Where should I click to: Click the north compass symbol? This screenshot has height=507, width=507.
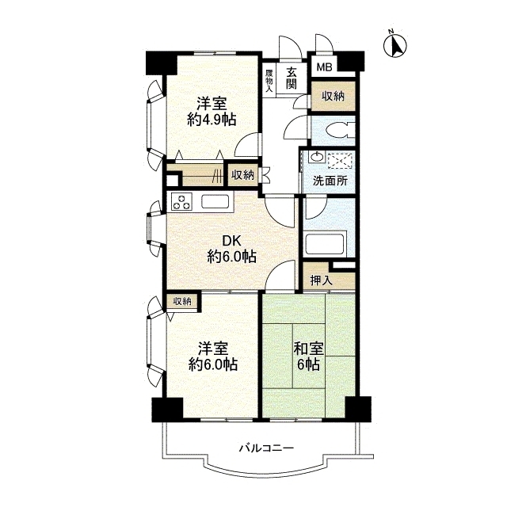(395, 45)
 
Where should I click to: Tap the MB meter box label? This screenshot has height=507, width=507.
(324, 67)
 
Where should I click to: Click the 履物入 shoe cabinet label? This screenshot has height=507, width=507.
(269, 81)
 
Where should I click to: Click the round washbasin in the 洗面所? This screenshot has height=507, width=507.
(316, 158)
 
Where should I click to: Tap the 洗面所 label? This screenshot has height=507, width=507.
(330, 181)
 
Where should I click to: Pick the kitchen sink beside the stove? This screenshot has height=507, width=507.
(215, 202)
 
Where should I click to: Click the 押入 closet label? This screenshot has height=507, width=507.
(321, 280)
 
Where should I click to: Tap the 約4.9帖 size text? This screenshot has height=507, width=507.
(212, 120)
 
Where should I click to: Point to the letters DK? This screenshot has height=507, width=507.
(231, 241)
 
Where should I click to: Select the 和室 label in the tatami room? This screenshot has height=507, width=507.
(308, 349)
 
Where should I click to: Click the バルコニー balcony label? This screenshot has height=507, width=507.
(266, 448)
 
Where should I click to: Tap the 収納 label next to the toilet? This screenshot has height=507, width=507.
(333, 96)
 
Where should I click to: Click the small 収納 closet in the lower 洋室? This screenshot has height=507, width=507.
(183, 303)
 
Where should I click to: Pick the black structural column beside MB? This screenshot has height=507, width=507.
(350, 62)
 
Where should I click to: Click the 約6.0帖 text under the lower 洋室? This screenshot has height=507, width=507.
(213, 364)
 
